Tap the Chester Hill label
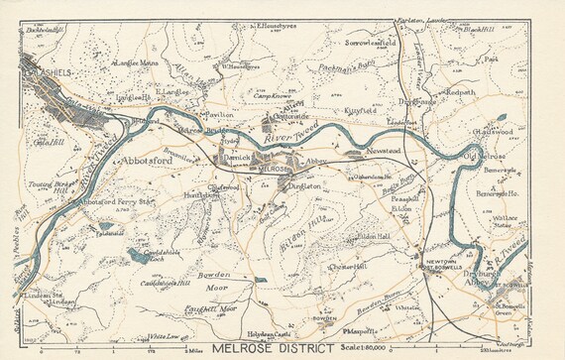(342, 268)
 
